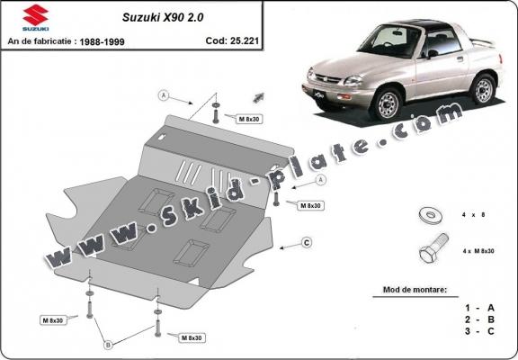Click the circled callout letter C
pos(307,242)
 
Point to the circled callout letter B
pos(107,342)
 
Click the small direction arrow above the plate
pos(258,97)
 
